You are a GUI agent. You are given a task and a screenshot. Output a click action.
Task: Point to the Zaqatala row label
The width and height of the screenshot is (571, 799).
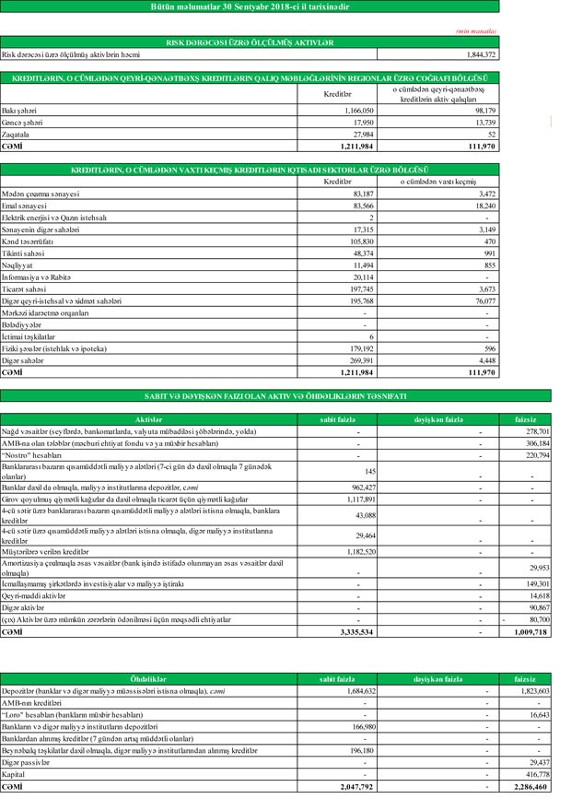(x=17, y=134)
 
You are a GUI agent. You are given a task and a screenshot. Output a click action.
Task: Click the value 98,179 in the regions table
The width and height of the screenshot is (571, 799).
(x=482, y=110)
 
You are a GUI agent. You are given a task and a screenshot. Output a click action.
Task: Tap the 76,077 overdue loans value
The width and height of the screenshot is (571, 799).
(x=481, y=301)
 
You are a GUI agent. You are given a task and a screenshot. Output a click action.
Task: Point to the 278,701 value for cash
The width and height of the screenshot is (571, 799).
(x=537, y=431)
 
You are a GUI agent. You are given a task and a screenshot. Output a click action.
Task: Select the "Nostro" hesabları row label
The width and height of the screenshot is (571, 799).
(x=32, y=455)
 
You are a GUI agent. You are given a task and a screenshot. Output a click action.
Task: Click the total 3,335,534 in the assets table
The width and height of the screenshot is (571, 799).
(x=355, y=633)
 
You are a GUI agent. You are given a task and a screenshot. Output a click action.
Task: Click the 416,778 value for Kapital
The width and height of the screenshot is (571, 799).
(x=537, y=776)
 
